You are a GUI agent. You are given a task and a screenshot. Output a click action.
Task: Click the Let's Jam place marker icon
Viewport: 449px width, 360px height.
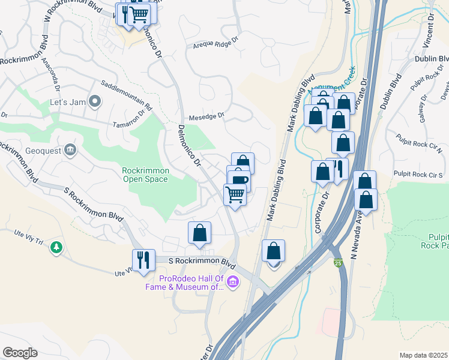click(94, 101)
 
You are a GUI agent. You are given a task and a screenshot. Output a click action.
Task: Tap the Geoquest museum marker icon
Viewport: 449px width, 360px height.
click(70, 149)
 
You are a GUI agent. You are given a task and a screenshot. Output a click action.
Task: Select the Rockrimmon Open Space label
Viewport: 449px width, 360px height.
click(146, 175)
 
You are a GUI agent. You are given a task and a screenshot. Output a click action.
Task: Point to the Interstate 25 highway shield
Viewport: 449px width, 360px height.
click(340, 262)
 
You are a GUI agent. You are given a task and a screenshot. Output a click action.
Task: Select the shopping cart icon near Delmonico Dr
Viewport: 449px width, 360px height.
click(235, 194)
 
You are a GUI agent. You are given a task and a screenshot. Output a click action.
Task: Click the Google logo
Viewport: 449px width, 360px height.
click(20, 353)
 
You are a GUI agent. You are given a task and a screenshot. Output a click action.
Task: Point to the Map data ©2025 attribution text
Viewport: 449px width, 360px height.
click(423, 355)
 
